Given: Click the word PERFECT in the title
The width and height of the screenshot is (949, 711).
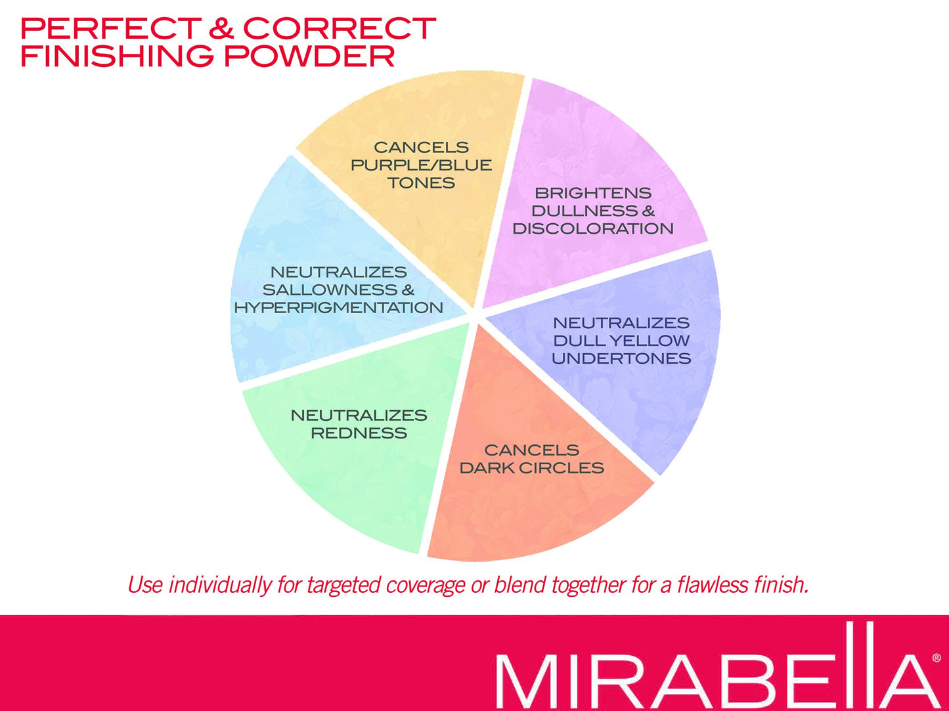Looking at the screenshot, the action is (111, 28).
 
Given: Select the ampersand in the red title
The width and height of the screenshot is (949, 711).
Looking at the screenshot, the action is (221, 28).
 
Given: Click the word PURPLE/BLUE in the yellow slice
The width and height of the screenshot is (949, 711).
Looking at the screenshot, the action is (421, 165).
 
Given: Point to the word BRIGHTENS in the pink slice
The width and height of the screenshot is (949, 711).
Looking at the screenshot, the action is (593, 193).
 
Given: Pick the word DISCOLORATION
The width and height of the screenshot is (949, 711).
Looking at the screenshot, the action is (593, 228).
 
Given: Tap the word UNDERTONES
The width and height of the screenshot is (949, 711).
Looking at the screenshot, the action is (621, 358).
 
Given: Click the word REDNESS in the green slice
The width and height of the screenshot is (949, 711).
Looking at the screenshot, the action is (359, 433).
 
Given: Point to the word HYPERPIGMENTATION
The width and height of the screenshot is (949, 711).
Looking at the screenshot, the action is (338, 308).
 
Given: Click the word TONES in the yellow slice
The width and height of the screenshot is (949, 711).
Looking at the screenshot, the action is (421, 183).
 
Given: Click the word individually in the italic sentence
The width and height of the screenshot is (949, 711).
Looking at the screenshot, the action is (220, 586).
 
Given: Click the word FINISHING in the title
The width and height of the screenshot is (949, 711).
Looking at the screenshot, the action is (117, 56).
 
